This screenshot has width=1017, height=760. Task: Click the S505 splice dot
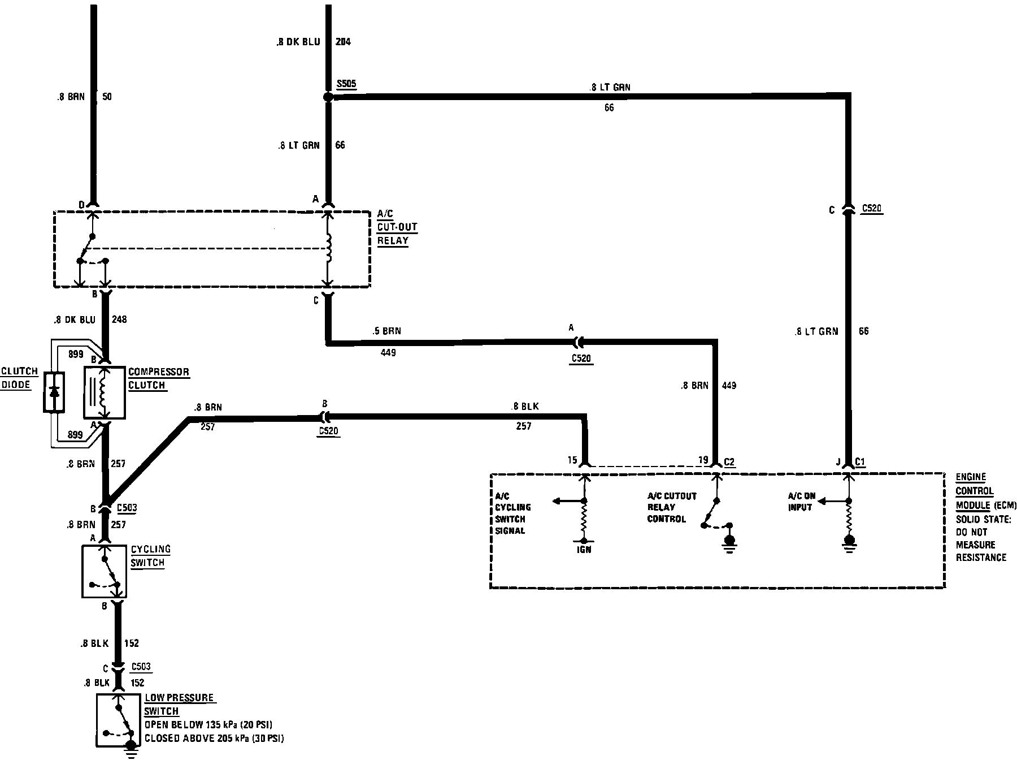pyautogui.click(x=328, y=97)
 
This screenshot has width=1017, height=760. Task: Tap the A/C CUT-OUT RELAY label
pyautogui.click(x=397, y=227)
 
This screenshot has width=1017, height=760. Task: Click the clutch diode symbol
pyautogui.click(x=54, y=391)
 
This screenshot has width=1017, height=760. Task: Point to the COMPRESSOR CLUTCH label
pyautogui.click(x=158, y=378)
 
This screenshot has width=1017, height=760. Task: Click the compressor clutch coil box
pyautogui.click(x=105, y=393)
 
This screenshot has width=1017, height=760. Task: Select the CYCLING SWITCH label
pyautogui.click(x=150, y=556)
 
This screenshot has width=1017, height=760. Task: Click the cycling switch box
pyautogui.click(x=105, y=571)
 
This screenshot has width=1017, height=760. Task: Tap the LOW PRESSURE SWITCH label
pyautogui.click(x=180, y=705)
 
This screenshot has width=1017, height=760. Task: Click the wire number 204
pyautogui.click(x=343, y=42)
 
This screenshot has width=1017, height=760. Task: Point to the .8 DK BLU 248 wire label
pyautogui.click(x=90, y=319)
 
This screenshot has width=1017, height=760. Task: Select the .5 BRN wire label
pyautogui.click(x=387, y=331)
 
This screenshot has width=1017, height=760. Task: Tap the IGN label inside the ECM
pyautogui.click(x=584, y=549)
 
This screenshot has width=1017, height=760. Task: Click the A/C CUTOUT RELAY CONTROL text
pyautogui.click(x=672, y=507)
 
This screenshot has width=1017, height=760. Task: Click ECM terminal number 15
pyautogui.click(x=572, y=460)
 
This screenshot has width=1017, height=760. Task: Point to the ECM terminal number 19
pyautogui.click(x=702, y=460)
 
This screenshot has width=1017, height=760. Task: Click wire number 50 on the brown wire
pyautogui.click(x=107, y=97)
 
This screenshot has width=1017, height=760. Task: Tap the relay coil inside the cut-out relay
pyautogui.click(x=328, y=249)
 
